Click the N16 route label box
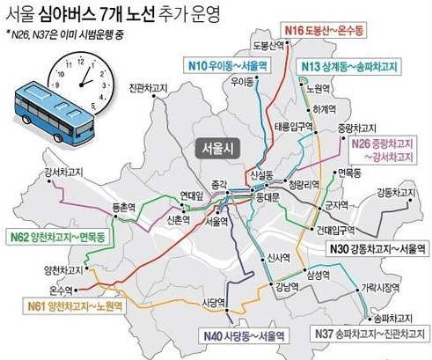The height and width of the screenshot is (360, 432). point(348,33)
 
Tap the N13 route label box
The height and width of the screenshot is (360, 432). point(360,66)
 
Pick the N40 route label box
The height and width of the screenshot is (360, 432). point(244,335)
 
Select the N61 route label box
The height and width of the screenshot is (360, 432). point(73,306)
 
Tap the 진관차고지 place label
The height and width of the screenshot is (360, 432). point(146,90)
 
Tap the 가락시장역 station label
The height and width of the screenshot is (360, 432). point(379,287)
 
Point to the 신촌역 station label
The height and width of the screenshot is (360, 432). point(178,220)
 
